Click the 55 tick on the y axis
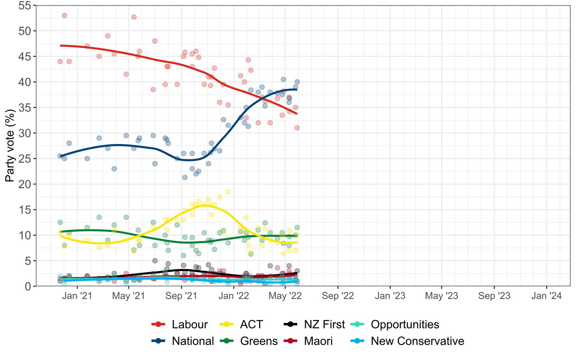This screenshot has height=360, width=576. pos(25,5)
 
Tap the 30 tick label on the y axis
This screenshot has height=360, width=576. pos(25,133)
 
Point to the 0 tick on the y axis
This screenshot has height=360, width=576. pos(28,287)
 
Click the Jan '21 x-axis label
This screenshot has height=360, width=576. pos(77,296)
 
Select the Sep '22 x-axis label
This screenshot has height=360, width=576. pos(338,296)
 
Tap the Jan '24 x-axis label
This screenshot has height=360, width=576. pos(546,296)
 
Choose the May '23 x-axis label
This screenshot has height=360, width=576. pos(441,296)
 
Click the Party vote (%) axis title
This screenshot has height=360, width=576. pos(10,146)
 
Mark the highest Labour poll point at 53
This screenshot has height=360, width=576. pos(64,15)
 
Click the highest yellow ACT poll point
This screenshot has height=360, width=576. pos(228,192)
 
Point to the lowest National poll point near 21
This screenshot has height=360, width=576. pos(185,177)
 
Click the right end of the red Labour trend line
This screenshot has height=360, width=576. pos(297,114)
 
